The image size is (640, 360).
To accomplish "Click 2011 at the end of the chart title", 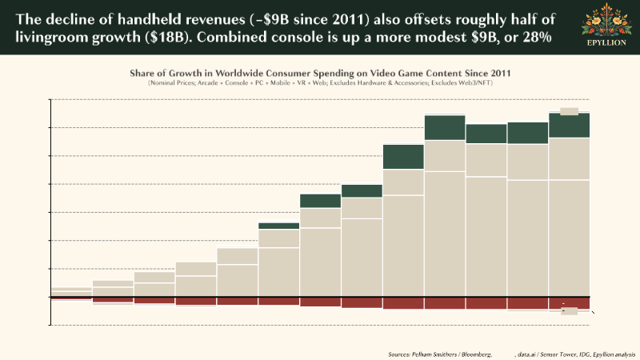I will point(497,73).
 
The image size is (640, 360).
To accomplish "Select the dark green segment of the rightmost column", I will point(569,126).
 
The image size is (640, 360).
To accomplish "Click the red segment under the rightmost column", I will point(569,303).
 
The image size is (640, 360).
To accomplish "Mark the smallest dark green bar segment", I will point(278,226).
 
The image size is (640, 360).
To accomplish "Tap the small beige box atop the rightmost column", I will point(569,111).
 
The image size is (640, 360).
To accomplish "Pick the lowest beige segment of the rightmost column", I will point(569,238).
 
